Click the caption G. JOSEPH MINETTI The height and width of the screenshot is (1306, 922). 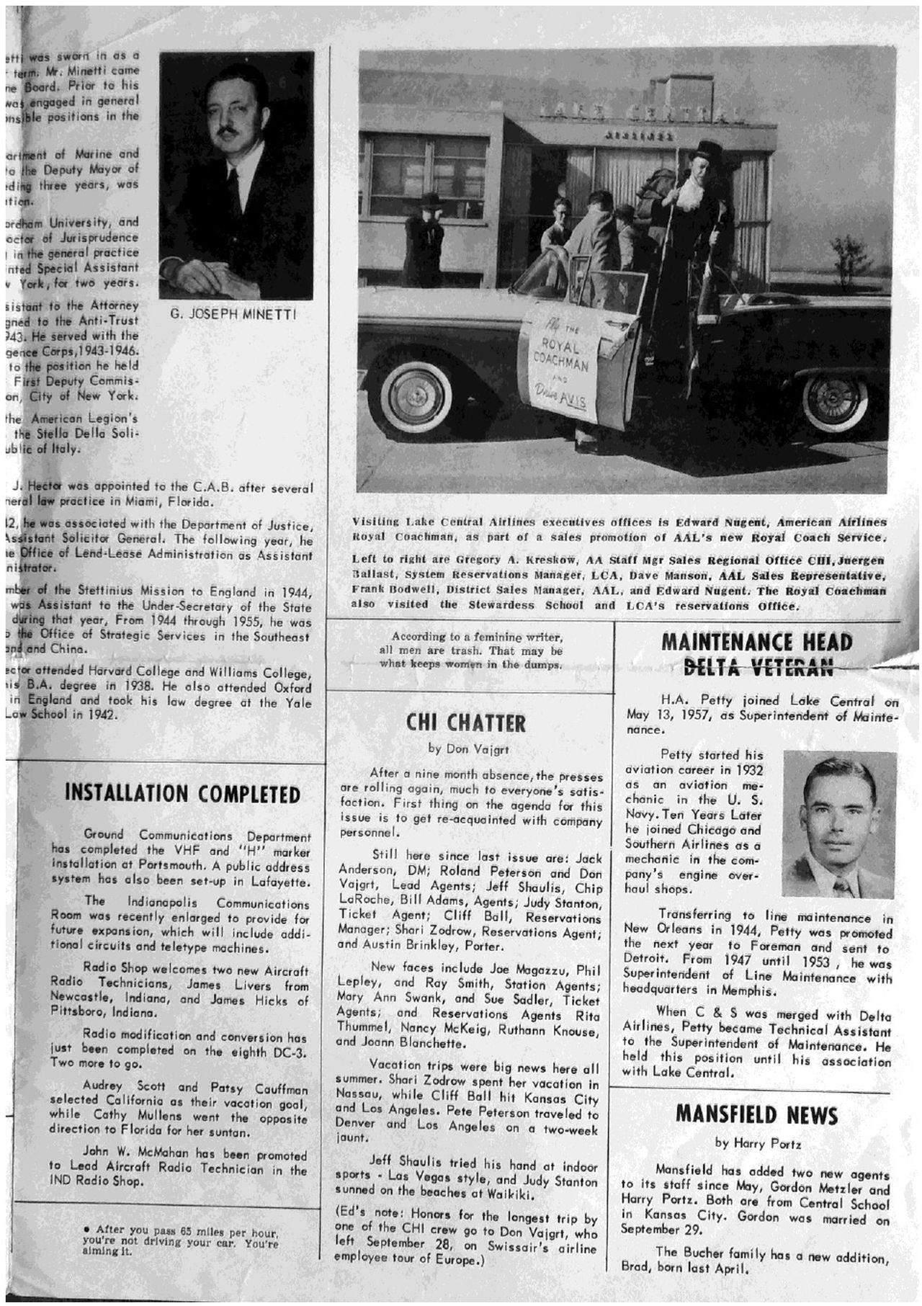point(235,315)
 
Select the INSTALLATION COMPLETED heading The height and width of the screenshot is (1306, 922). point(183,794)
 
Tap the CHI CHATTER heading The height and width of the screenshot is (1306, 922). point(466,723)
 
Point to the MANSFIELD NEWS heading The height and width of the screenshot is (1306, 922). point(756,1116)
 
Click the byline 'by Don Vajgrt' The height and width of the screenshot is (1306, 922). point(468,749)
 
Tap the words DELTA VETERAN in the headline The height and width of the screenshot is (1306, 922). point(756,668)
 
